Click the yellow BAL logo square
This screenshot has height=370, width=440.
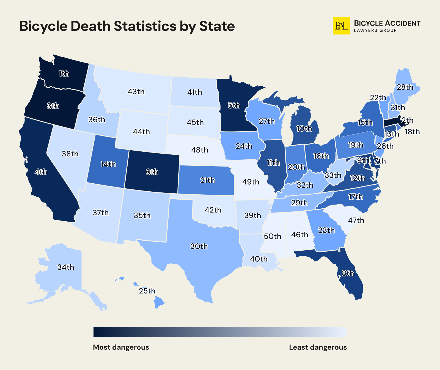341,26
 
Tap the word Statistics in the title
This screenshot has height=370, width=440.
145,26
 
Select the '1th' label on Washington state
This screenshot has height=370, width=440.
64,74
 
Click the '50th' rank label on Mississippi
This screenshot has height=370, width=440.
272,236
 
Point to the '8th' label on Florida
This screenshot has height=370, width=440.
348,273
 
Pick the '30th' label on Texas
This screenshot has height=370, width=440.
199,246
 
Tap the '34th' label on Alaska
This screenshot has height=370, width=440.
66,267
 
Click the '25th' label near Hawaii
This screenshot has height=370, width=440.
147,291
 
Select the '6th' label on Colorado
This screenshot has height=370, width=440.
152,172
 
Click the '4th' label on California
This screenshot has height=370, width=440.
41,172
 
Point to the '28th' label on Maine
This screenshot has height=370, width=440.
405,87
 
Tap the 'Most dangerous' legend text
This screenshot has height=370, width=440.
121,347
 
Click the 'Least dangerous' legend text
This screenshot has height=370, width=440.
318,347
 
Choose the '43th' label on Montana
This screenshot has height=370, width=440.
136,92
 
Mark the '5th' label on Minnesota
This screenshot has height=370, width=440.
234,105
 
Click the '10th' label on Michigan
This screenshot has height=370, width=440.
304,129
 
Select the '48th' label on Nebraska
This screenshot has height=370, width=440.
200,150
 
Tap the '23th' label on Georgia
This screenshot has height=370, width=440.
326,230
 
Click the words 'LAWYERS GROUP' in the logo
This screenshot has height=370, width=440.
375,30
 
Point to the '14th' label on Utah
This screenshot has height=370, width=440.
108,164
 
